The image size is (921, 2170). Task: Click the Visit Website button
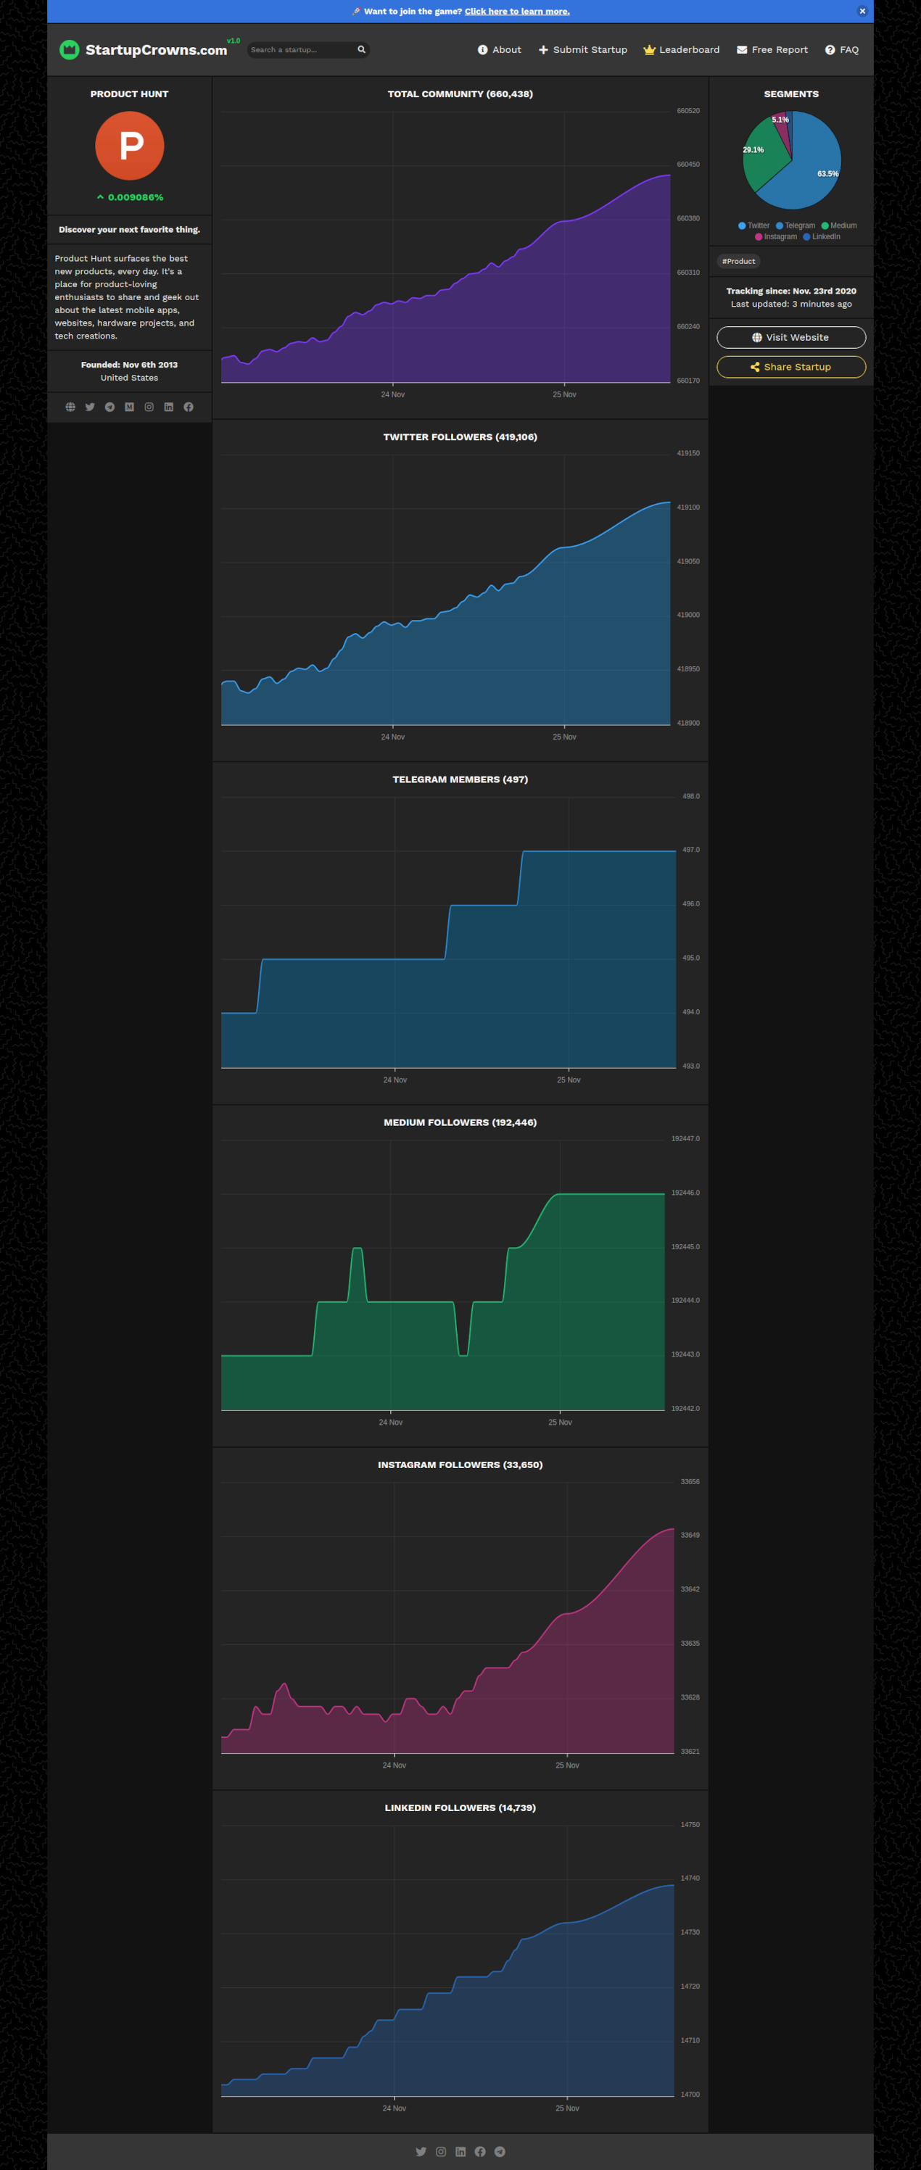[x=790, y=337]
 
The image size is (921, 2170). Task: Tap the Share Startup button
[x=790, y=366]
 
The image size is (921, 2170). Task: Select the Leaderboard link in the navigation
[x=681, y=50]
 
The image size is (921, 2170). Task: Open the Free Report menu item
[x=772, y=50]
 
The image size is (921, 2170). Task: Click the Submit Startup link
[x=582, y=50]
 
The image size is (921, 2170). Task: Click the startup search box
[x=301, y=50]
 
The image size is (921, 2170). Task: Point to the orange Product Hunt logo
[x=130, y=146]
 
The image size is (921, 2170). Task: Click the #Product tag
[x=738, y=261]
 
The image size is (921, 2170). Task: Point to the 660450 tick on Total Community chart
[x=687, y=165]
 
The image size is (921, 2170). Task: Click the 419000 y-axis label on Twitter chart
[x=687, y=615]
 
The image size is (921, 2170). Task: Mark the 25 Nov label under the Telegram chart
[x=568, y=1080]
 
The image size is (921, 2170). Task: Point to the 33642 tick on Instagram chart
[x=689, y=1589]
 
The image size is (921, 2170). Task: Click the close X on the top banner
[x=862, y=11]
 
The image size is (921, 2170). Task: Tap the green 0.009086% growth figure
[x=135, y=197]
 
